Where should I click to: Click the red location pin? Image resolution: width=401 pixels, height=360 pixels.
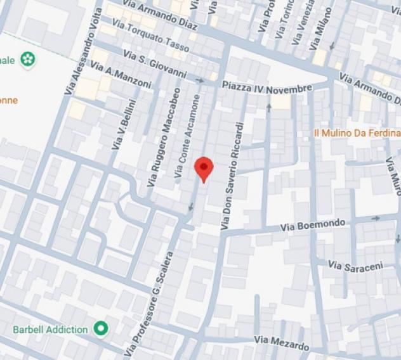point(203,168)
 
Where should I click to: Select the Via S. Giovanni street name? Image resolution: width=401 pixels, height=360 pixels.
point(155,65)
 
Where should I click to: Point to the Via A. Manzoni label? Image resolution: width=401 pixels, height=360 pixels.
point(121,75)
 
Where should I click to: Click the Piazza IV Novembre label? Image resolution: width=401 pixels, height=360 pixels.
point(267,88)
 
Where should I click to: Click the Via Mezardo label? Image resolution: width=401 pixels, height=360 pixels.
point(282,344)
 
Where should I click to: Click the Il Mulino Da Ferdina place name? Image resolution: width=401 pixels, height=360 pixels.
point(357,133)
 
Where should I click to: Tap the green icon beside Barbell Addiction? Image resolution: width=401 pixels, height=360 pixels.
point(100,328)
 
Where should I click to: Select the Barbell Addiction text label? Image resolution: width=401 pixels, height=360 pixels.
point(51,330)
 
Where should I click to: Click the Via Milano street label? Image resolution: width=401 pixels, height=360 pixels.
point(322,29)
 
